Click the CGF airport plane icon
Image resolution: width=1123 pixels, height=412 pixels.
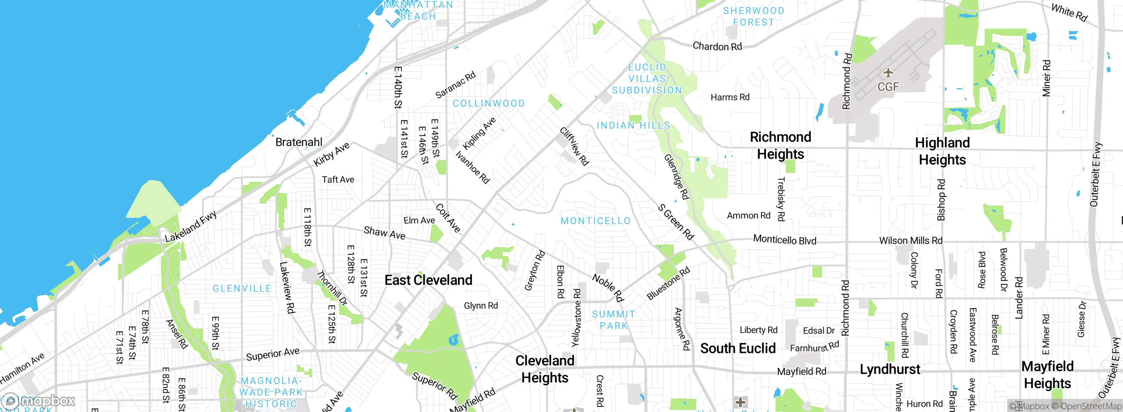click(x=888, y=73)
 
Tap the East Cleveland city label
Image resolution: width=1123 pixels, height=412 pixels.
click(x=428, y=280)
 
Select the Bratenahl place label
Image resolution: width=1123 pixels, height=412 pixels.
click(x=299, y=142)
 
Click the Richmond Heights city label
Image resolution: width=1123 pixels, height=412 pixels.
click(x=780, y=146)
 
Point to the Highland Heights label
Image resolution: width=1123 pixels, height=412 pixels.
click(x=942, y=151)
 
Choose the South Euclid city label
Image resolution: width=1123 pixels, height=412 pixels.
click(x=738, y=348)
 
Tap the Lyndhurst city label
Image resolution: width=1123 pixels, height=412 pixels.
click(x=890, y=369)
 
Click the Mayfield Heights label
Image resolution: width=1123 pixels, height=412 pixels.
click(x=1048, y=375)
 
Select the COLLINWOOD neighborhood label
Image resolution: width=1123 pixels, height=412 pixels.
click(x=489, y=103)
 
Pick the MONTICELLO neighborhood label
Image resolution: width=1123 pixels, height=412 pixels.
click(x=595, y=221)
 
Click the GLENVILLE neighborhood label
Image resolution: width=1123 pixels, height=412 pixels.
click(x=242, y=288)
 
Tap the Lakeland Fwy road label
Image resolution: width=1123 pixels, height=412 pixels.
click(x=191, y=227)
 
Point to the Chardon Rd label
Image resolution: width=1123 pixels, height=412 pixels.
click(x=717, y=46)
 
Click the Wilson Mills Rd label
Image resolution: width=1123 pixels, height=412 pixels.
click(x=911, y=241)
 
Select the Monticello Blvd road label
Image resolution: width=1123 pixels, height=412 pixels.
click(x=784, y=240)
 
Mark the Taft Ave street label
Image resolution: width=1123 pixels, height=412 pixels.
click(x=338, y=180)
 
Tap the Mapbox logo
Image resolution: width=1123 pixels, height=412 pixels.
click(x=39, y=401)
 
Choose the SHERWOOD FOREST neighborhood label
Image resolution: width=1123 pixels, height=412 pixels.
click(x=754, y=16)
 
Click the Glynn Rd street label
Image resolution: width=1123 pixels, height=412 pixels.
click(x=481, y=305)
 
